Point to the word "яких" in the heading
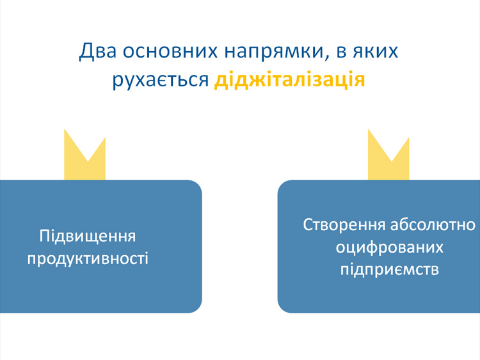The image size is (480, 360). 375,51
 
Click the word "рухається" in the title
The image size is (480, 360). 160,81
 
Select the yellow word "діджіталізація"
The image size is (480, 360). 290,81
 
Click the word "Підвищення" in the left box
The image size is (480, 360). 88,236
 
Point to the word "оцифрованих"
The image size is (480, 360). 390,247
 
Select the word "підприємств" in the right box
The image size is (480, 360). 390,269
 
